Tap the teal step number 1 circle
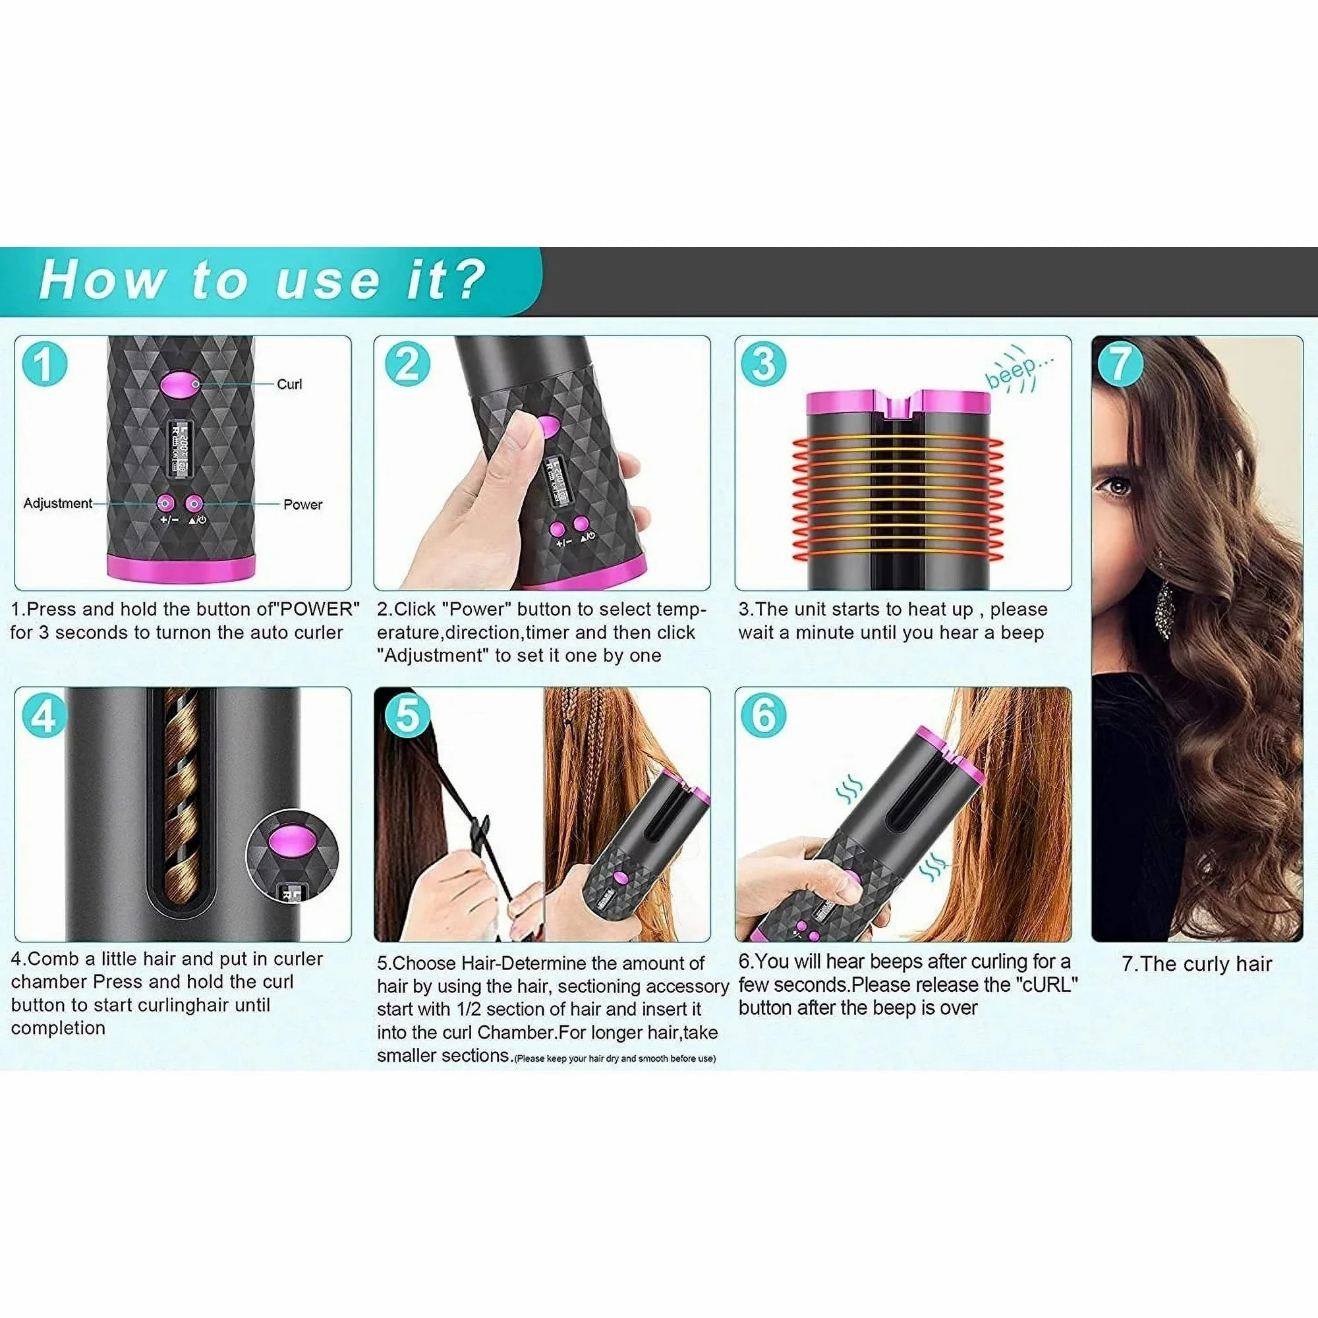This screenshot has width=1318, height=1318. click(44, 364)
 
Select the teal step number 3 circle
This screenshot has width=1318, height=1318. click(763, 364)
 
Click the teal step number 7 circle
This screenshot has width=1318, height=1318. click(1120, 364)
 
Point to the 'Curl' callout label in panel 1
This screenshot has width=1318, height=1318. click(289, 384)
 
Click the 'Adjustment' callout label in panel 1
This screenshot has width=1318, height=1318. click(57, 503)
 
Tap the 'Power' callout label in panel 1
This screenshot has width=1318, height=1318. click(302, 505)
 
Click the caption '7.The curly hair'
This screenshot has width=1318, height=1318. click(1197, 964)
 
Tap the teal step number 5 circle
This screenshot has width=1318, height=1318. click(407, 716)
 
